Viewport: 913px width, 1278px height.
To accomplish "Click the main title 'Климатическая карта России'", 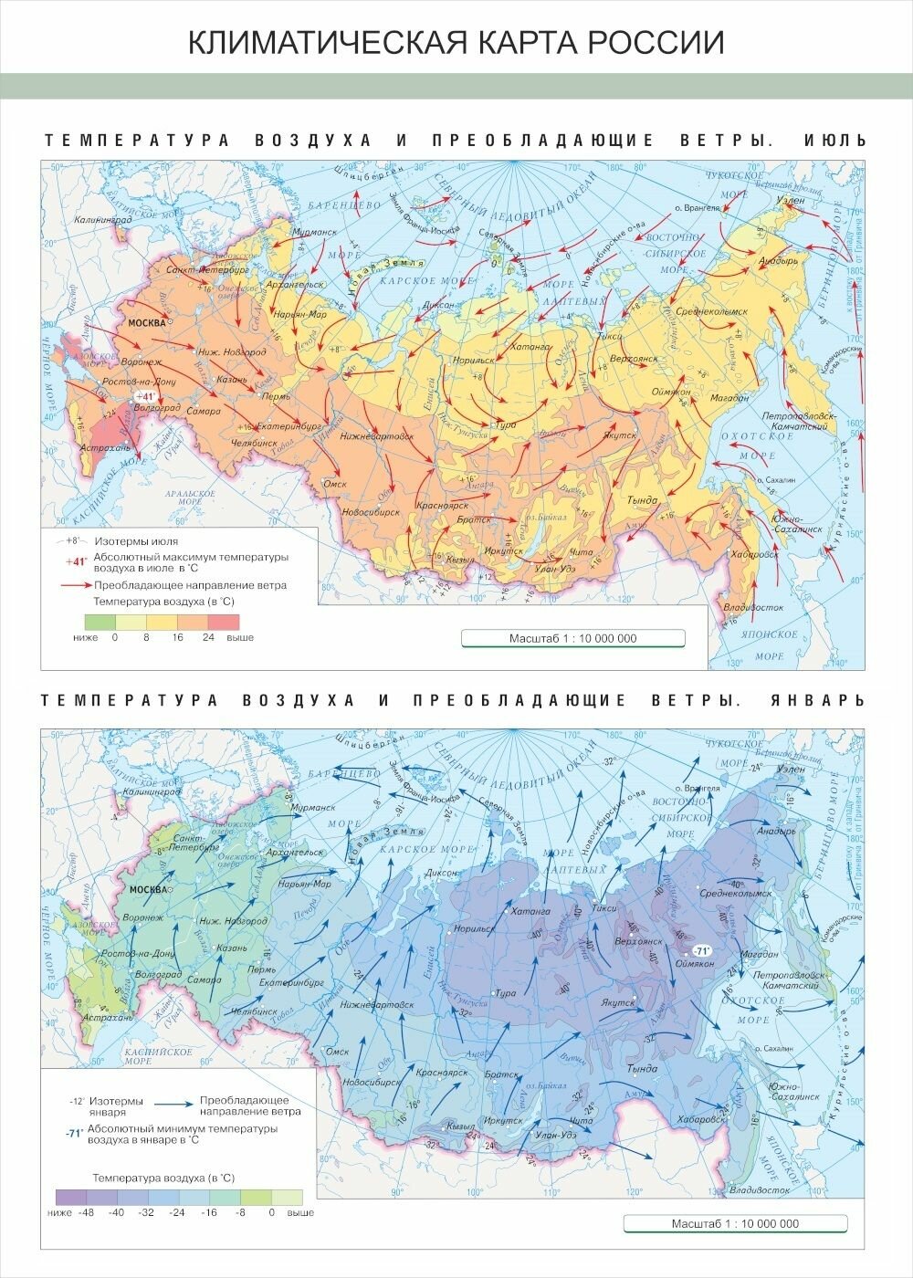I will coord(456,42).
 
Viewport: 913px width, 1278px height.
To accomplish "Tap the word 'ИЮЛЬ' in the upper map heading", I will coord(834,141).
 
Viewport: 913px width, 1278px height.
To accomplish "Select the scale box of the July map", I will coord(572,639).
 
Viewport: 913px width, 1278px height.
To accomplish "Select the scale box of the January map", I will coord(735,1224).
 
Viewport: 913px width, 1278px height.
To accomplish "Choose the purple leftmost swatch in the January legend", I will coord(71,1197).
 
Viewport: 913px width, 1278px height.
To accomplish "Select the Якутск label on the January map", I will coord(617,1002).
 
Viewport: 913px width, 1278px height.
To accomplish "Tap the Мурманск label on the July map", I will coord(316,233).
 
